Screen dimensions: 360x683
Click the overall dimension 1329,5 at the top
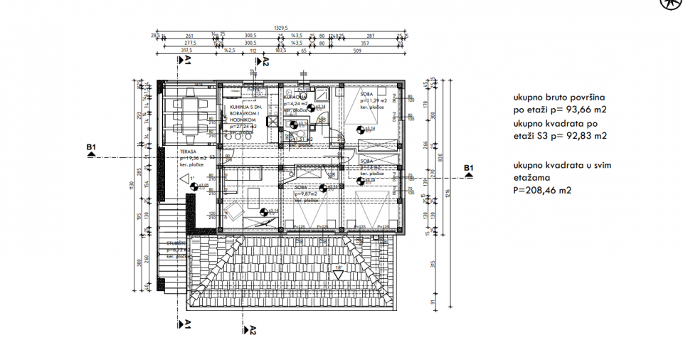tap(282, 28)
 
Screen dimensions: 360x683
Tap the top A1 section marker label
tap(189, 61)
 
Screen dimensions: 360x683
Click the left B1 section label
tap(91, 148)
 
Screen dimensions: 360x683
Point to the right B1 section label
tap(468, 168)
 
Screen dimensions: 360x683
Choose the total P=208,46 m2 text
tap(542, 191)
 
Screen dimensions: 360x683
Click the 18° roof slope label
tap(339, 268)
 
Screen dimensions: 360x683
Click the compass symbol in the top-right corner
tap(670, 4)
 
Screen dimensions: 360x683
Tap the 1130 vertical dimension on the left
tap(131, 186)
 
